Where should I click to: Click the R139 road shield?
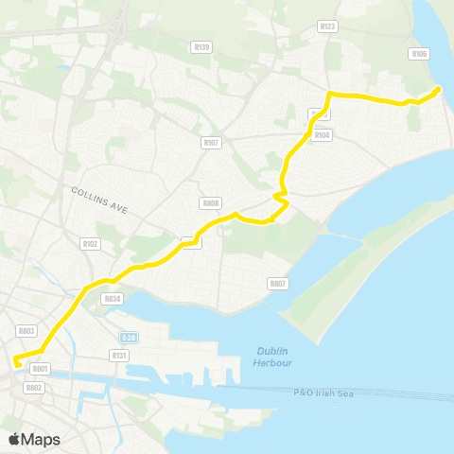201,46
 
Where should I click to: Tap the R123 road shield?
328,26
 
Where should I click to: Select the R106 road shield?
420,54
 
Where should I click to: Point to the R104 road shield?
323,135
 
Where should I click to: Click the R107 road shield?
211,143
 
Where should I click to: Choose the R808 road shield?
210,203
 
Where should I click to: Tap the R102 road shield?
90,243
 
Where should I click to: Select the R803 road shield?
26,330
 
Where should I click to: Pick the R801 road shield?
40,368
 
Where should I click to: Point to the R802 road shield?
34,387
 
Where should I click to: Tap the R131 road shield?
118,355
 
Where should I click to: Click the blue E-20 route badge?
130,337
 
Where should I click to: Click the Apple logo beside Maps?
15,439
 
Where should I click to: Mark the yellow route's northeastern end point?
440,89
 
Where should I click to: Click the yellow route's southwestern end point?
15,359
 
